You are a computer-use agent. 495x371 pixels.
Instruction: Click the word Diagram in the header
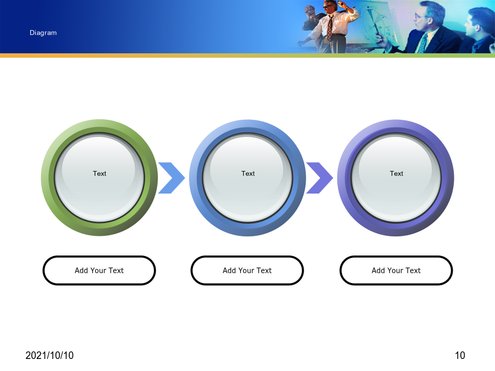point(43,33)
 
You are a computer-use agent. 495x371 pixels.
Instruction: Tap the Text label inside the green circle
point(100,174)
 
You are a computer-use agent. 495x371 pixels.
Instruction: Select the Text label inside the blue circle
point(248,174)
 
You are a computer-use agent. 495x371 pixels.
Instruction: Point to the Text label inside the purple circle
point(396,174)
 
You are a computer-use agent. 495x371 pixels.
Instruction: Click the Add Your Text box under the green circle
point(99,270)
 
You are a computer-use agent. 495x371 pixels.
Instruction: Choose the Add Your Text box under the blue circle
point(247,270)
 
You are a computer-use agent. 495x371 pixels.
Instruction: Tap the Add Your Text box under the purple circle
point(396,270)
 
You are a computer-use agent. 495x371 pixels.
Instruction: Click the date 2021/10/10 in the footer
point(50,356)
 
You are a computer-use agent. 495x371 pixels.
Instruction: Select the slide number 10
point(460,356)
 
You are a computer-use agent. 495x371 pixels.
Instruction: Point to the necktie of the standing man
point(329,28)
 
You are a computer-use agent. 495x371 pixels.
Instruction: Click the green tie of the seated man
point(421,42)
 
